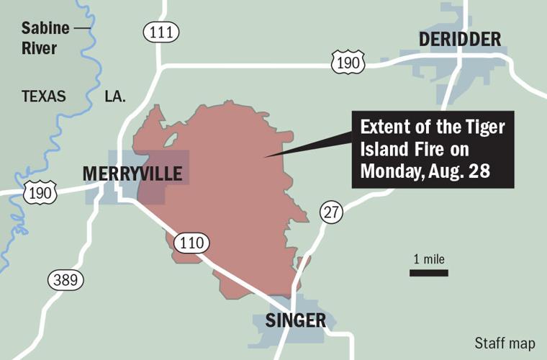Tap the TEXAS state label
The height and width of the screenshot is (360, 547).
[x=44, y=96]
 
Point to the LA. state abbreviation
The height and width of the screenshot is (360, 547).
[x=114, y=96]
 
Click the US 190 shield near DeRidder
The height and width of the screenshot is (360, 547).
[x=348, y=63]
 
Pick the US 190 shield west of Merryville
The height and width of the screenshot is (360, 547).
[x=40, y=192]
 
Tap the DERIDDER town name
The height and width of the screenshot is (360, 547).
[x=459, y=40]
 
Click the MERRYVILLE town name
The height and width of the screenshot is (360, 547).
[x=132, y=174]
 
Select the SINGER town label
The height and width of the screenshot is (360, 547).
[x=296, y=320]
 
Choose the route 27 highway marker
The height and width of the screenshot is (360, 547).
[x=332, y=212]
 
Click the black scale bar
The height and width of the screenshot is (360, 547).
[x=429, y=273]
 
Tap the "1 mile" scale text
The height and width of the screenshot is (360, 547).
[x=429, y=259]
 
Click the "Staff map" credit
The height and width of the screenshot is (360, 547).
[x=505, y=343]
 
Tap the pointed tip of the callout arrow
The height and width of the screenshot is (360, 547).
[x=266, y=156]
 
